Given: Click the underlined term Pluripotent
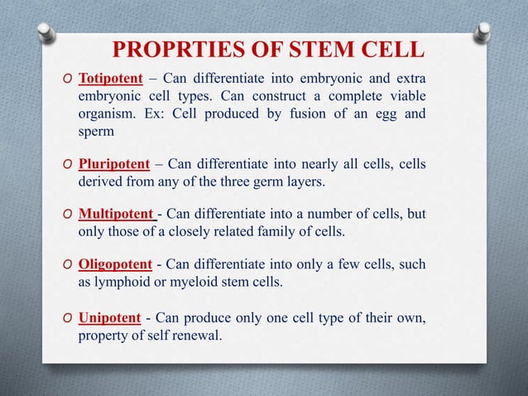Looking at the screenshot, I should [x=114, y=164].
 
